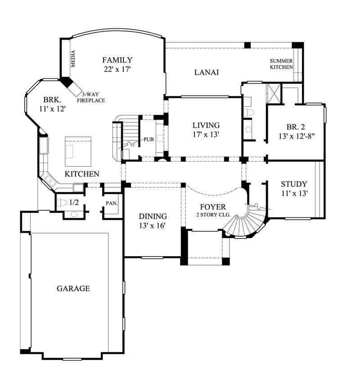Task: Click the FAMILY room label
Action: coord(117,60)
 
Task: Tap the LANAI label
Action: coord(207,72)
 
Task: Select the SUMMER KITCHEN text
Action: coord(281,64)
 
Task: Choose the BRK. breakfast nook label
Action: coord(52,100)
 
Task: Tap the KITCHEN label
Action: coord(82,174)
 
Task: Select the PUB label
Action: coord(149,139)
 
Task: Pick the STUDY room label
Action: coord(294,184)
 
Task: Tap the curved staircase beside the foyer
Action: coord(243,223)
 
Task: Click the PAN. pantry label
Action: coord(112,203)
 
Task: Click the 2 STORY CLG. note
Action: coord(213,215)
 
